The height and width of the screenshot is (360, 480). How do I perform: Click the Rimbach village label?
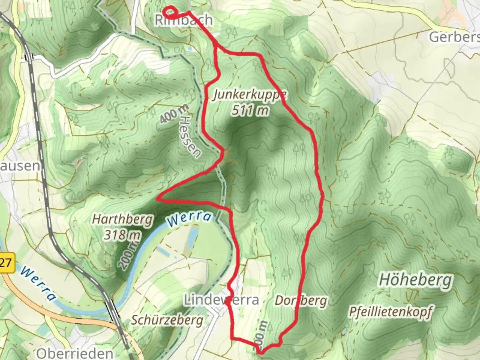pyautogui.click(x=184, y=20)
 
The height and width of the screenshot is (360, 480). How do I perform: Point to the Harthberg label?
pyautogui.click(x=122, y=220)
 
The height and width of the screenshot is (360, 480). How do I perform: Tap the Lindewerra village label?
pyautogui.click(x=222, y=300)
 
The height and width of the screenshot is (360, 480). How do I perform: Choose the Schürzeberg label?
pyautogui.click(x=167, y=320)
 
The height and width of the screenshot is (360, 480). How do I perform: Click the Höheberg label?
pyautogui.click(x=416, y=280)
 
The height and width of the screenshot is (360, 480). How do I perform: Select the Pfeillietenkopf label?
pyautogui.click(x=390, y=312)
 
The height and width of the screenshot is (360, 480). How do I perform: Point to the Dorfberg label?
pyautogui.click(x=301, y=301)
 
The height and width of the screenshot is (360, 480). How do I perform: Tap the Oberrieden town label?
pyautogui.click(x=75, y=353)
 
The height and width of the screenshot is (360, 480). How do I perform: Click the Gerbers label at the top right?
pyautogui.click(x=454, y=37)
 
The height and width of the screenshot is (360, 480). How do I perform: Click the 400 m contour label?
pyautogui.click(x=174, y=114)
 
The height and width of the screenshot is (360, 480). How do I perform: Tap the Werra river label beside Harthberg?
pyautogui.click(x=189, y=218)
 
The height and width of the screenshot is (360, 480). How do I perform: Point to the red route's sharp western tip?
pyautogui.click(x=157, y=199)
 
